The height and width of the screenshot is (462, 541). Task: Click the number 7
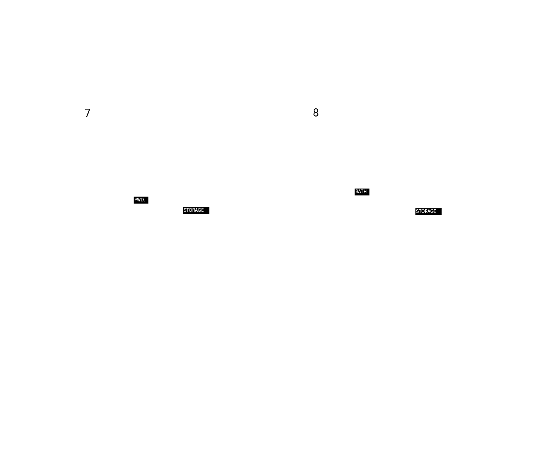[x=88, y=113]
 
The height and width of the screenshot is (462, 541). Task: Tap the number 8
[x=316, y=113]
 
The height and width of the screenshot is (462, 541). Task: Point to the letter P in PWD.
[x=136, y=200]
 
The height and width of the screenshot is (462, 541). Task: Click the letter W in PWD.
[x=139, y=200]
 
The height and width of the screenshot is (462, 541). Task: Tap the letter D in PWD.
[x=143, y=200]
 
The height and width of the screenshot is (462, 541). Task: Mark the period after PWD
[x=144, y=201]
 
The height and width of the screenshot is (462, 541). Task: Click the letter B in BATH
[x=357, y=192]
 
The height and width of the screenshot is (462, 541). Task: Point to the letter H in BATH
[x=365, y=192]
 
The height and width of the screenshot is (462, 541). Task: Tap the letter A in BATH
[x=359, y=192]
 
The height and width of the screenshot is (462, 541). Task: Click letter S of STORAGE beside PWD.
[x=185, y=210]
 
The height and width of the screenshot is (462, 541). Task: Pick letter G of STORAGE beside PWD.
[x=199, y=210]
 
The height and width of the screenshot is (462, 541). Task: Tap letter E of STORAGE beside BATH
[x=435, y=211]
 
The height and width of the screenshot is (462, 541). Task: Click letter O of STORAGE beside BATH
[x=423, y=211]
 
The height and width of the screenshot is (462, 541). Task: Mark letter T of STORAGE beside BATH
[x=420, y=211]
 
